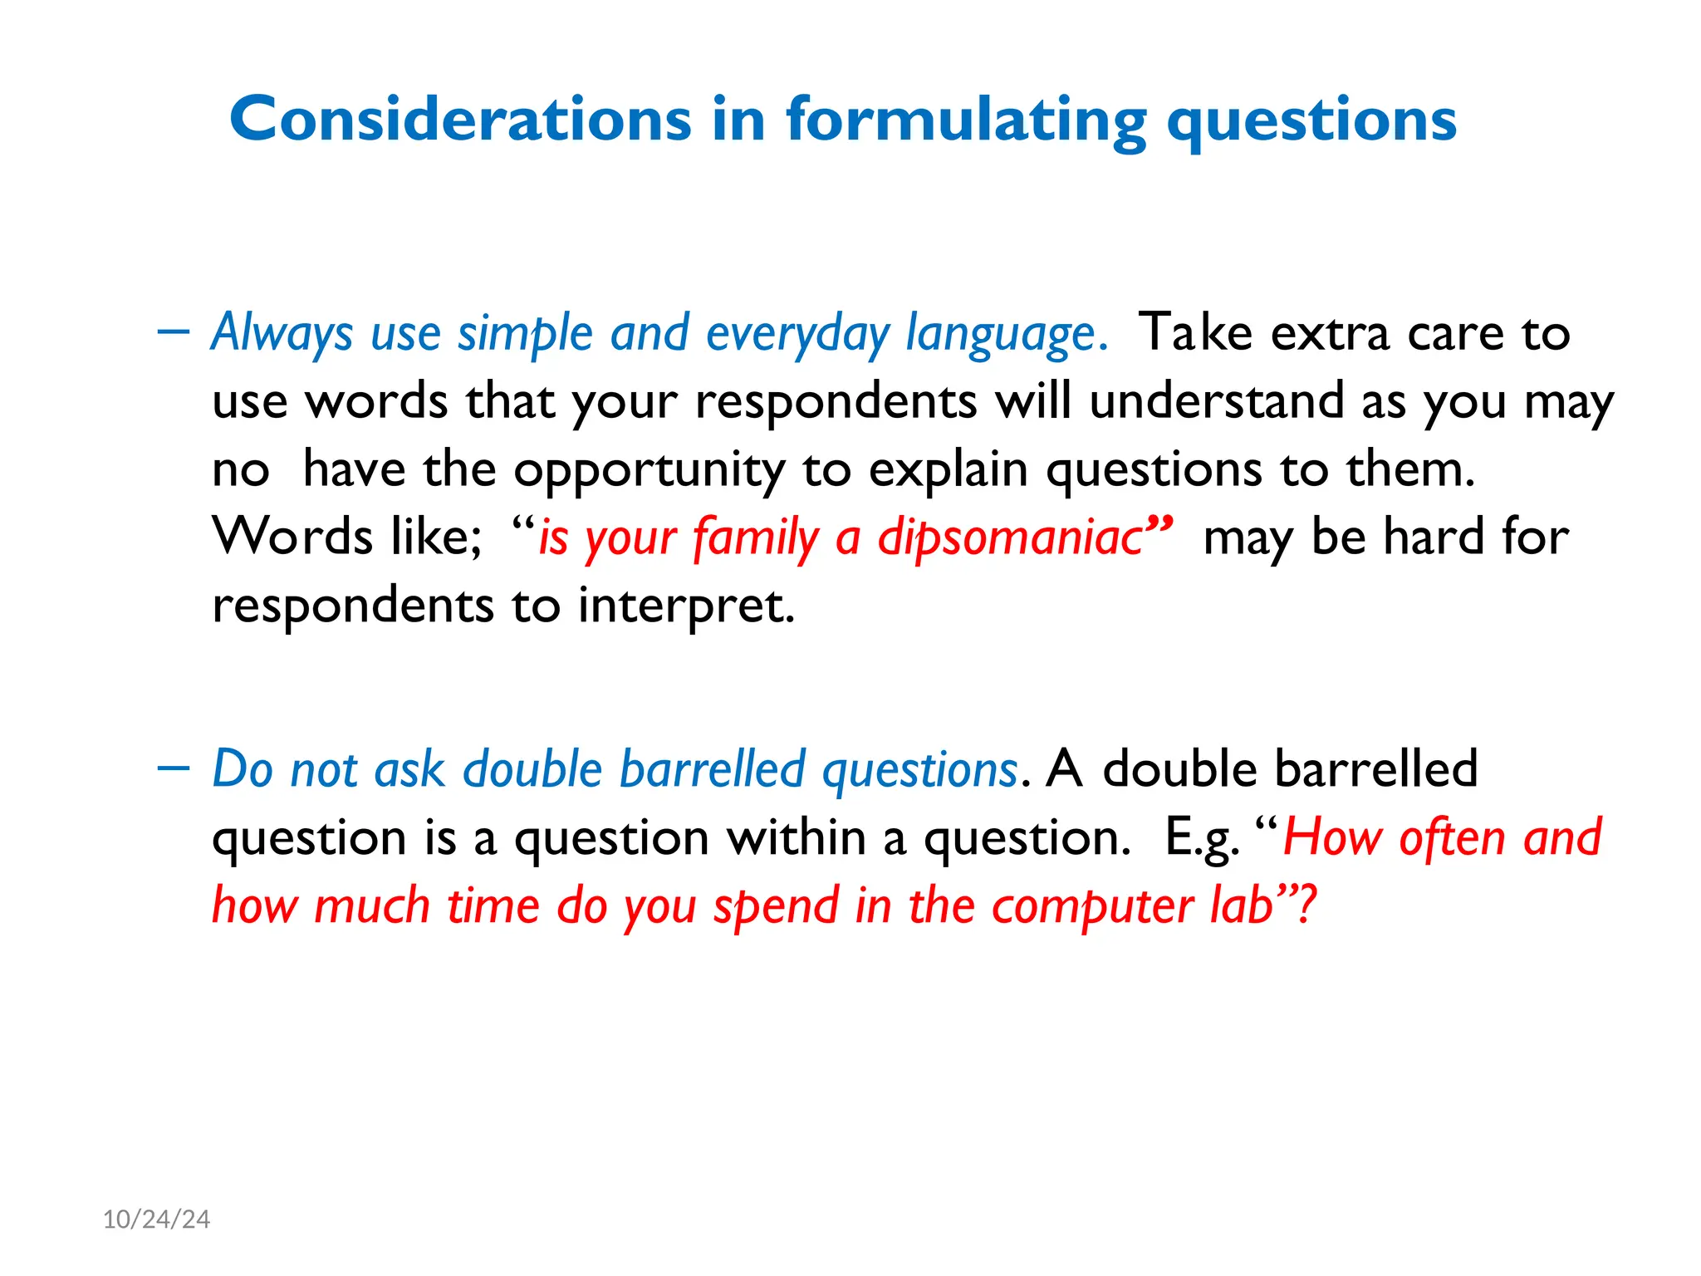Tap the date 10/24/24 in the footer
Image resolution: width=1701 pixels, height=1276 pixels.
coord(156,1219)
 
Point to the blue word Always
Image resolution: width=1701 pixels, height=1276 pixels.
coord(282,333)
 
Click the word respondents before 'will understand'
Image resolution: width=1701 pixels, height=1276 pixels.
coord(836,402)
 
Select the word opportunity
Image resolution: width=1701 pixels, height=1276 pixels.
coord(649,471)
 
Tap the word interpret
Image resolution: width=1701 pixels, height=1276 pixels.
coord(686,606)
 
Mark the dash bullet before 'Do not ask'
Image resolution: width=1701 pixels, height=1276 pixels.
coord(173,767)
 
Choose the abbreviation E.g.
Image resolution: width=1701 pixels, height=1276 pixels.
coord(1202,838)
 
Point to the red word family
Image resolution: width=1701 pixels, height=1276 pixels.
coord(755,537)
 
